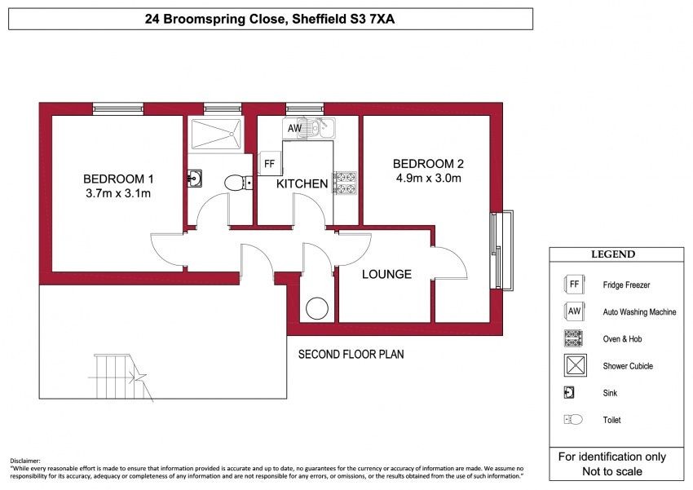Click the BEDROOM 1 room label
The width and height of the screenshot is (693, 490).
(x=118, y=179)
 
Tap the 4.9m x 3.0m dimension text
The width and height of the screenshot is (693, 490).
(x=428, y=178)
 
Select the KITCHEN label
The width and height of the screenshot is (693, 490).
(x=302, y=183)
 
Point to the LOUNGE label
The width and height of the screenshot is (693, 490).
(x=386, y=275)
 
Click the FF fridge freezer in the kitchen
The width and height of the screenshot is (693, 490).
(x=269, y=164)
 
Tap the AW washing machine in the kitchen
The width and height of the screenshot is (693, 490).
(x=294, y=128)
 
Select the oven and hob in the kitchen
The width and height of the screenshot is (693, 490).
(x=345, y=183)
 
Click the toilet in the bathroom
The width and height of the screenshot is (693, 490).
(x=239, y=183)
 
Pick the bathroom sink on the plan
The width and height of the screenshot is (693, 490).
(x=194, y=178)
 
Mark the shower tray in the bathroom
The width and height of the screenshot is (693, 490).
(x=216, y=133)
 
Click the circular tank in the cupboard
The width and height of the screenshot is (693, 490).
(x=317, y=308)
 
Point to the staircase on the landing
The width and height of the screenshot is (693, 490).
(x=120, y=377)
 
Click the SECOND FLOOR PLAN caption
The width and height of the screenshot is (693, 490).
(x=351, y=355)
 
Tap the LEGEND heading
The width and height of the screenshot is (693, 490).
(x=613, y=254)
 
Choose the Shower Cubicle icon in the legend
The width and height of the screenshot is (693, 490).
(x=576, y=365)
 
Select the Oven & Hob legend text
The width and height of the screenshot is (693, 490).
(x=622, y=339)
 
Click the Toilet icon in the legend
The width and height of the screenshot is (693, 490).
(x=573, y=419)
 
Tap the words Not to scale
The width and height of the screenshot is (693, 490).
(x=612, y=471)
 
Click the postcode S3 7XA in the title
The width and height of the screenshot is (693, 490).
(x=370, y=19)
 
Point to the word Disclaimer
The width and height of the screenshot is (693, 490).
(x=25, y=461)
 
